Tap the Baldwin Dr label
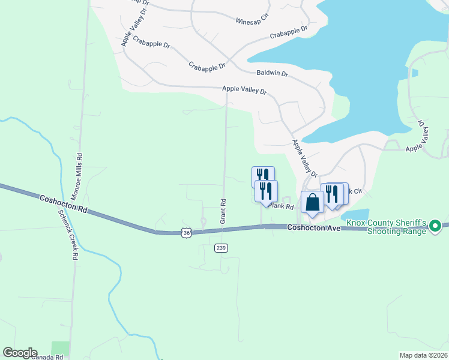point(272,74)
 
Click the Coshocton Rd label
point(64,205)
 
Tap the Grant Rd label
point(222,212)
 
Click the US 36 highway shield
point(187,233)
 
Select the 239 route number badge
point(221,248)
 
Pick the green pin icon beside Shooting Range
point(436,226)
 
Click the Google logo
point(20,353)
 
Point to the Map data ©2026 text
point(423,355)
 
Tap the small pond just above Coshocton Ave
point(357,214)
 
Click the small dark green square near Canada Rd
point(60,347)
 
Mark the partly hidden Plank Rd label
point(282,206)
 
